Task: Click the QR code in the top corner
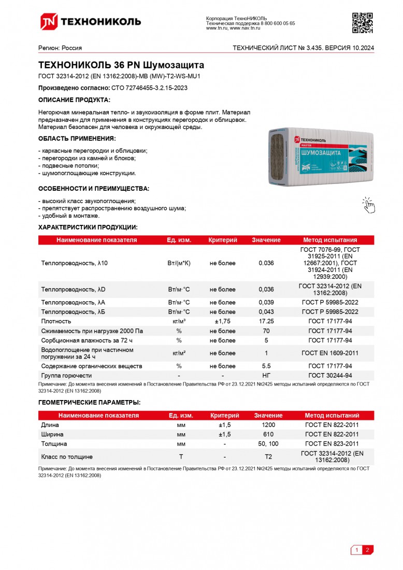pos(363,22)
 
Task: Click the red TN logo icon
pos(49,21)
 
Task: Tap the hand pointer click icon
pos(368,205)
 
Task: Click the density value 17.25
pos(266,321)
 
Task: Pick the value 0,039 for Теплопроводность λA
pos(266,302)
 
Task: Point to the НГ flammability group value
pos(266,375)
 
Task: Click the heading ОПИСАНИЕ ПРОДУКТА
pos(75,99)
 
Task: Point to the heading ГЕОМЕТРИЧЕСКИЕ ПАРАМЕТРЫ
pos(89,402)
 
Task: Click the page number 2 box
pos(367,550)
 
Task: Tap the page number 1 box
pos(356,550)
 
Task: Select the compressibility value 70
pos(266,331)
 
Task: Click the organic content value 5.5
pos(266,366)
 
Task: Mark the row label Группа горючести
pos(66,375)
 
